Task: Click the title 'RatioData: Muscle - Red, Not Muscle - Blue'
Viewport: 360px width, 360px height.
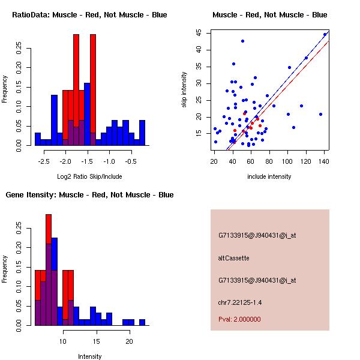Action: pos(90,14)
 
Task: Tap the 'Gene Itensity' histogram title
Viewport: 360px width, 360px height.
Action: pos(90,195)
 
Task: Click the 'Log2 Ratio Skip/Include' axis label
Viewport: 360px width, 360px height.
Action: pos(90,176)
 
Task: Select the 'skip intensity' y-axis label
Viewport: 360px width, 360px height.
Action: pos(185,90)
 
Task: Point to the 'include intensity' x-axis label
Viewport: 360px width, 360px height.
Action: pos(270,176)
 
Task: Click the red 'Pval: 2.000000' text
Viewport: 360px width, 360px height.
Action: pos(240,319)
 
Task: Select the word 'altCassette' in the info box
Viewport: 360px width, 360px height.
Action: pos(233,258)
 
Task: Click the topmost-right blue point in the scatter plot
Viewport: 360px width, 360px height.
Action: pos(325,34)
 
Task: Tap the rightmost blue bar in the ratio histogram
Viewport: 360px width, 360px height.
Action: pos(142,133)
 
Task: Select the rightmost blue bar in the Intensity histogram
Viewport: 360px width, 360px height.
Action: pos(142,322)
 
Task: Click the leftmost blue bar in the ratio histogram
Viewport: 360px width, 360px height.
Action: pos(37,139)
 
